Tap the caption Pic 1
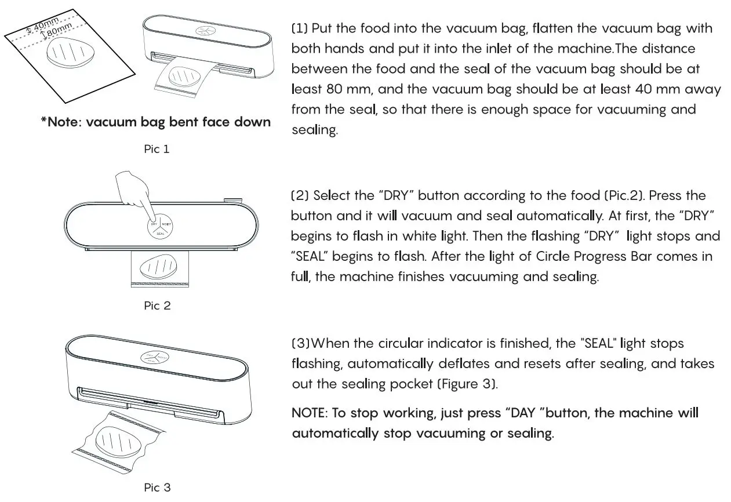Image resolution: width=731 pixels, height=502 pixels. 157,149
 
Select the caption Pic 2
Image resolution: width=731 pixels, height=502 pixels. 157,305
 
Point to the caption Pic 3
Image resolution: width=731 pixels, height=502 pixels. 157,488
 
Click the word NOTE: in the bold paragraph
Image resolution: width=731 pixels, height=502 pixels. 310,413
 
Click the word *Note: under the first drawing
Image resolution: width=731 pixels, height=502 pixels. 60,122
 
